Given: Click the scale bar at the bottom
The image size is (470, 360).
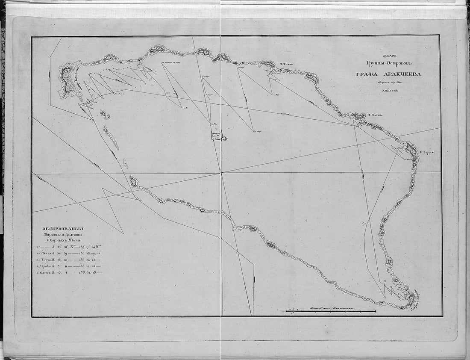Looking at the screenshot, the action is (331, 311).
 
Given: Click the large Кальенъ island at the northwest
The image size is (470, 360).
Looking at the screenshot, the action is (66, 81).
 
